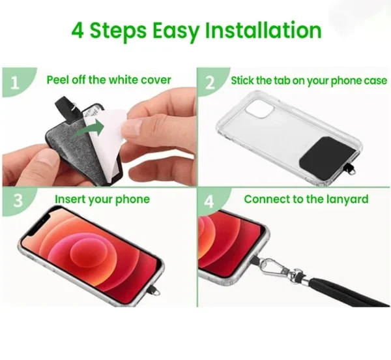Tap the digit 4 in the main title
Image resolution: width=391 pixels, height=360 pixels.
pyautogui.click(x=77, y=31)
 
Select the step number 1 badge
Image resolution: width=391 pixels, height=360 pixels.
pyautogui.click(x=14, y=82)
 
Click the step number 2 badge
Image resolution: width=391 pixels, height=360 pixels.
pyautogui.click(x=210, y=82)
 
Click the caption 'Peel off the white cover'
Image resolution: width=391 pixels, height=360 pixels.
pyautogui.click(x=109, y=81)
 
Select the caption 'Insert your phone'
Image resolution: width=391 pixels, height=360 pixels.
pyautogui.click(x=102, y=199)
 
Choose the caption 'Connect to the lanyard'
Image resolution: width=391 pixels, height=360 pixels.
pyautogui.click(x=306, y=199)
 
